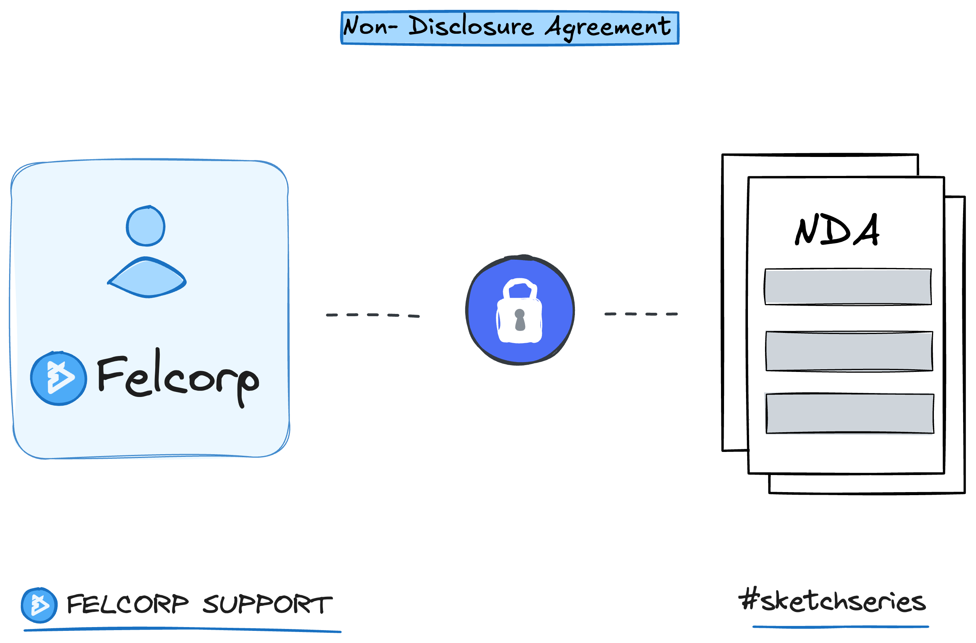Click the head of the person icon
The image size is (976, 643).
point(146,226)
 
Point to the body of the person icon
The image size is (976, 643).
point(147,278)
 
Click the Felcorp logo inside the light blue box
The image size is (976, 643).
point(59,378)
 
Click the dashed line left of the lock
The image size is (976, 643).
point(372,315)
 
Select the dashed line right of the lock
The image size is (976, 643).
point(641,314)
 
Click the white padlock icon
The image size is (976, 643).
point(519,312)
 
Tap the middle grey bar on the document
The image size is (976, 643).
point(849,351)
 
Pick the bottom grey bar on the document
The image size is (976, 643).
point(850,413)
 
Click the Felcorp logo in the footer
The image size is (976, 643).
point(39,605)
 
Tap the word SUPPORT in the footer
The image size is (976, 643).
point(267,604)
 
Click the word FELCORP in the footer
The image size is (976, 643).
point(128,604)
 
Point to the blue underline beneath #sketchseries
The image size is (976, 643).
point(841,627)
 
